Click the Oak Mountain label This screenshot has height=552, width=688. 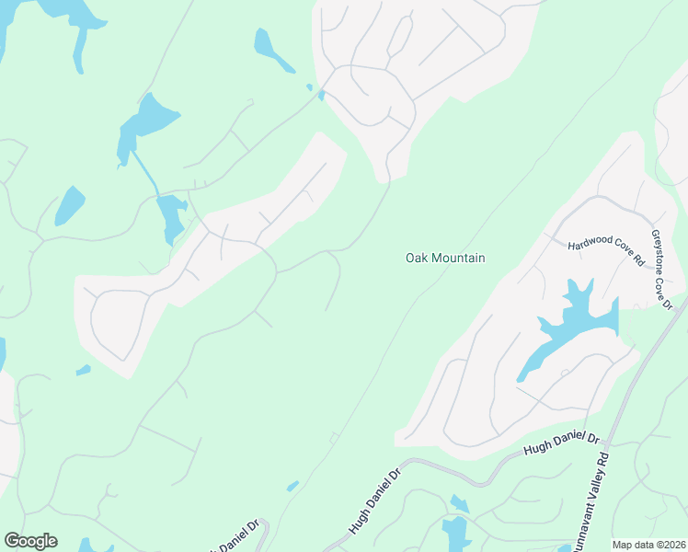point(445,259)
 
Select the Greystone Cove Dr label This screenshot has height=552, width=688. point(662,270)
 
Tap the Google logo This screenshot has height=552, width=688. point(30,541)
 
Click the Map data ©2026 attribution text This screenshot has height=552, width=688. point(648,545)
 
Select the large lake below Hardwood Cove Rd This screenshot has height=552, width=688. point(575,322)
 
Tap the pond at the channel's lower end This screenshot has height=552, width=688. point(171,215)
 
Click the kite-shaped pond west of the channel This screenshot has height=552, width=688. point(68,205)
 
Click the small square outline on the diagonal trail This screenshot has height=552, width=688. point(334,437)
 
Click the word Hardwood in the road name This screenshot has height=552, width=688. point(588,244)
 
